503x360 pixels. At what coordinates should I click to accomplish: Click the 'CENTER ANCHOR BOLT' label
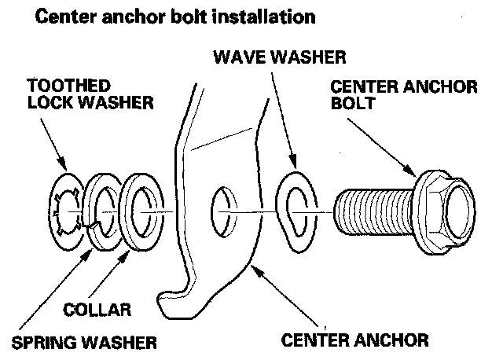403,94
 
